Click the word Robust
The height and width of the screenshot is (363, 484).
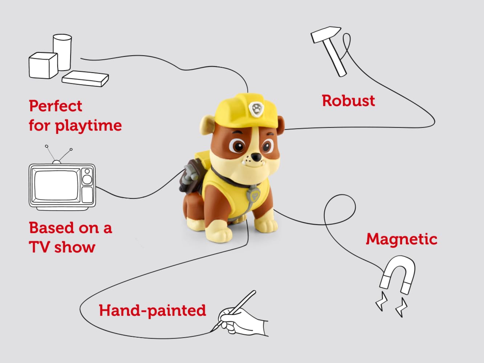point(349,101)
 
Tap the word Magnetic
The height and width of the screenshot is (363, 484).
point(402,240)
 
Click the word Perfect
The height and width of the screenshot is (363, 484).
point(56,106)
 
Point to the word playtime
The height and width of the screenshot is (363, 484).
point(88,126)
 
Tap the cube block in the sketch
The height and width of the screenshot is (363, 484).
point(43,65)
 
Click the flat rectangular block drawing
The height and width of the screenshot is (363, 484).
point(85,79)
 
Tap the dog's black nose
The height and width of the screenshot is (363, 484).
point(256,157)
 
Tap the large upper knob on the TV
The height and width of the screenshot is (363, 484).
point(87,180)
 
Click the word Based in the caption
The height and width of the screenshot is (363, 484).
point(51,228)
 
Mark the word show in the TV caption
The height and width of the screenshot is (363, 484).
point(75,247)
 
